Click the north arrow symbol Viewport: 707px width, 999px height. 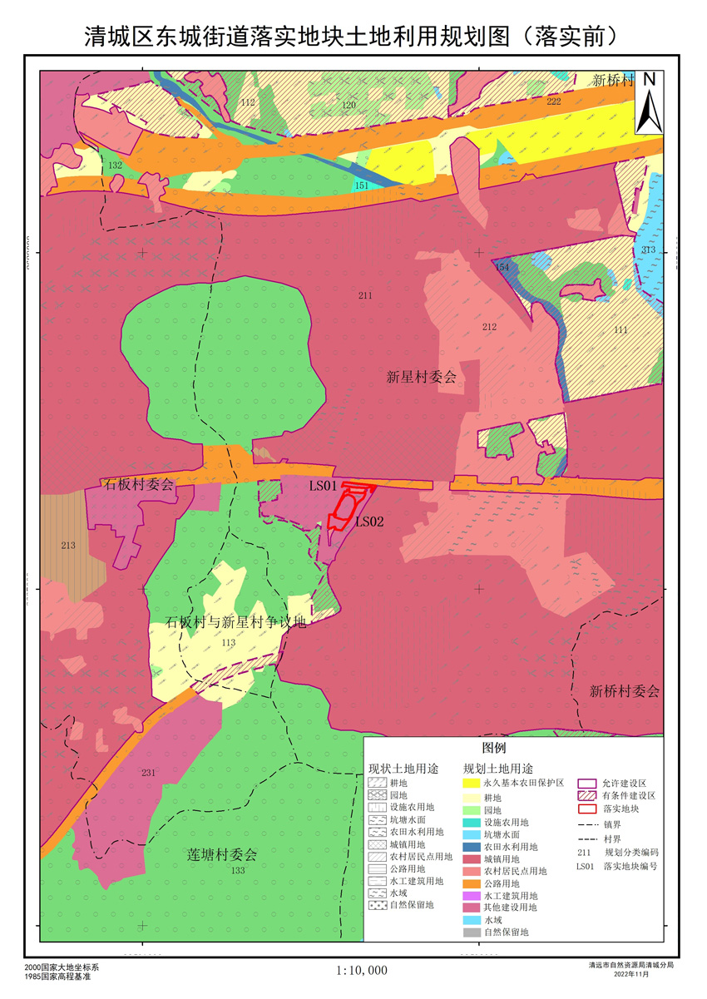point(649,101)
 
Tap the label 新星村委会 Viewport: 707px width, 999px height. point(422,377)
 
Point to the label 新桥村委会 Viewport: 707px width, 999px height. point(624,691)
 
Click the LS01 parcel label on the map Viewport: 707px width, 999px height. point(323,485)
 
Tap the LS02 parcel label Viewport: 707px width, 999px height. point(369,522)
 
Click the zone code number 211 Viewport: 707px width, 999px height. point(365,295)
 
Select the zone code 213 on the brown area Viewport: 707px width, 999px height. point(68,546)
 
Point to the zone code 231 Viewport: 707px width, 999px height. point(148,773)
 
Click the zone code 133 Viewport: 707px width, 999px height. point(239,870)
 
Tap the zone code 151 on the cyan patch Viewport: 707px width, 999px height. point(361,185)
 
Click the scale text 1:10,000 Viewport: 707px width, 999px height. point(362,970)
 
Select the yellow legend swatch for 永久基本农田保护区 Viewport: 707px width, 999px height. point(472,784)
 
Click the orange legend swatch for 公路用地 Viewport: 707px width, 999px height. point(472,883)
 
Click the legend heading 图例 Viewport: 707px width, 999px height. point(506,748)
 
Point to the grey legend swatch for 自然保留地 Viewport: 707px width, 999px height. point(472,933)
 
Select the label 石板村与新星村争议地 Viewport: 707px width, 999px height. point(236,622)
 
